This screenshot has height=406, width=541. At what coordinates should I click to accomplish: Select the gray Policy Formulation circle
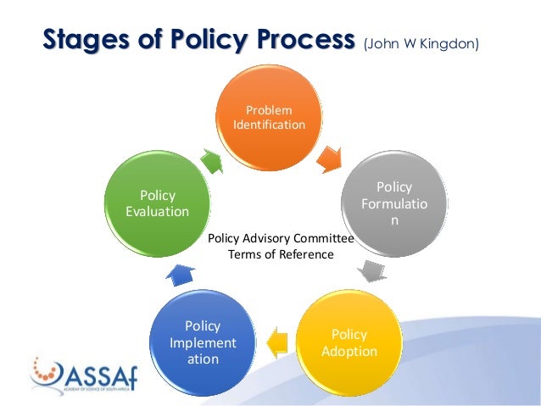(x=393, y=204)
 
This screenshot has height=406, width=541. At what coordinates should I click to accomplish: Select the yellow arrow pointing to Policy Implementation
(x=276, y=342)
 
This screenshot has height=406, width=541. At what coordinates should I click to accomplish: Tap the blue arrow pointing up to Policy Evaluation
(x=180, y=274)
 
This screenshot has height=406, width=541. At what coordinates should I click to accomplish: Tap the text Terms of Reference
(x=281, y=254)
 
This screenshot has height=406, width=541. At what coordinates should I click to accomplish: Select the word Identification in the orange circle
(x=269, y=125)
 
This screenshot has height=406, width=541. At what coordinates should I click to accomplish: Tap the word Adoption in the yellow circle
(x=349, y=350)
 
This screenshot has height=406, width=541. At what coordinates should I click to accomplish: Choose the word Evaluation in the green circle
(x=157, y=212)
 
